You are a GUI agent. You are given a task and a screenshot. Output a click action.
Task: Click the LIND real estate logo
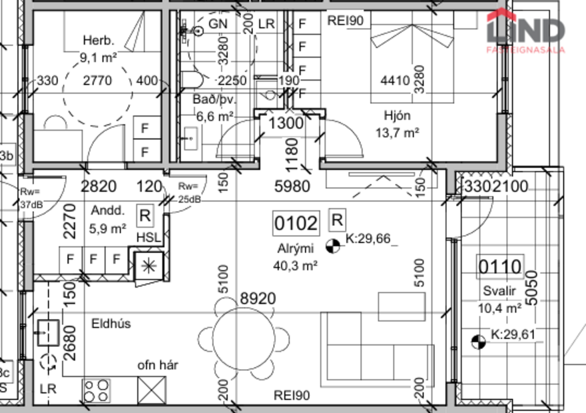click(x=525, y=30)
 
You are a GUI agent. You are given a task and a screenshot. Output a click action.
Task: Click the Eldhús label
click(x=111, y=324)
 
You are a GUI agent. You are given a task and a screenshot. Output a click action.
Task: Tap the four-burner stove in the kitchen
click(x=97, y=389)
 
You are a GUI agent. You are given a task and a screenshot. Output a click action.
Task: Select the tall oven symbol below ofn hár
click(x=151, y=389)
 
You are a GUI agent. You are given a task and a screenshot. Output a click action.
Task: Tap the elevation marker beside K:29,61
click(x=478, y=342)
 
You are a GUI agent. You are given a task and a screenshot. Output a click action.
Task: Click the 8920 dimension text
click(x=258, y=298)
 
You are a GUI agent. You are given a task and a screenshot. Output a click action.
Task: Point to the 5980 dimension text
click(x=292, y=187)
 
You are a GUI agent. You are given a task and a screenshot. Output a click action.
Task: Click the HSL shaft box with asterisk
click(x=146, y=266)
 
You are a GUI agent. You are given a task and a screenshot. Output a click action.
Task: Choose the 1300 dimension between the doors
click(x=286, y=123)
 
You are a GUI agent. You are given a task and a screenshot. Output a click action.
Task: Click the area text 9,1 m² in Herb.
click(x=98, y=57)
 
